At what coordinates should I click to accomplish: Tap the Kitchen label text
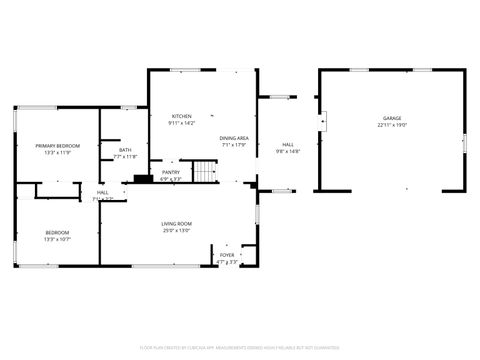point(181,116)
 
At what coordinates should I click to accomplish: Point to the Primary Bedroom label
point(57,146)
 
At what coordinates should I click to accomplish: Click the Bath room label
point(125,150)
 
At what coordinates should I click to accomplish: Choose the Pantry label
point(172,172)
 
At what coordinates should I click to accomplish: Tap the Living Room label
point(176,223)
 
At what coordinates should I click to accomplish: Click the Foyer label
point(228,255)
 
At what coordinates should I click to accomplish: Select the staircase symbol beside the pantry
point(205,173)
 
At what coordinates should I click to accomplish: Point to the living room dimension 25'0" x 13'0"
point(176,230)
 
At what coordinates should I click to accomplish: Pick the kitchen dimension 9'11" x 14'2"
point(181,123)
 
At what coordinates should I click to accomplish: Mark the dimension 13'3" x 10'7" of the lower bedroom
point(57,240)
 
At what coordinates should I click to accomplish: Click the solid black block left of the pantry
point(140,179)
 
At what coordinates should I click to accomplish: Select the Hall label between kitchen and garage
point(287,145)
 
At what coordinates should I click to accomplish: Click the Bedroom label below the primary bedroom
point(57,233)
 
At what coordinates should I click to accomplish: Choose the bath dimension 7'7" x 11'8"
point(125,157)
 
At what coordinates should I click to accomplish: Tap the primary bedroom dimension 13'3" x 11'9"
point(57,153)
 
